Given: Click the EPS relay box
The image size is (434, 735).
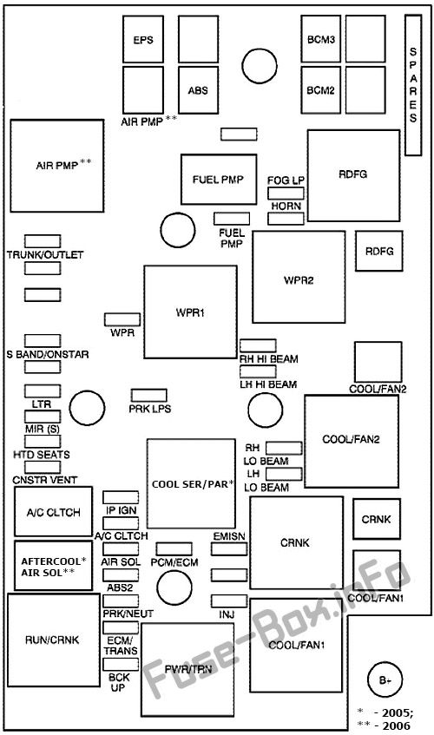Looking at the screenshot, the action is click(x=143, y=39).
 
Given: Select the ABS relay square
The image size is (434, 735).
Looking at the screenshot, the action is click(x=198, y=90).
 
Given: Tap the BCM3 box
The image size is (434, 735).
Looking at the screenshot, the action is click(x=321, y=39).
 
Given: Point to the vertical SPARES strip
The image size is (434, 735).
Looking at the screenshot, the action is click(x=413, y=85).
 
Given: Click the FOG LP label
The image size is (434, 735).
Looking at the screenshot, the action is click(x=286, y=180).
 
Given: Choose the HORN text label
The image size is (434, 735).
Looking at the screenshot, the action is click(x=286, y=207).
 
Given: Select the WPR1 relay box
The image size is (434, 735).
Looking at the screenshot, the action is click(x=190, y=312).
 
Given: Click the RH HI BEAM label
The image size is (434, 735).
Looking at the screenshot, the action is click(x=269, y=359).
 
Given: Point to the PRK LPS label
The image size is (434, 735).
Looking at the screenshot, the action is click(x=150, y=409).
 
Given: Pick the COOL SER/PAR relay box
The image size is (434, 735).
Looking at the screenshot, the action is click(x=191, y=483).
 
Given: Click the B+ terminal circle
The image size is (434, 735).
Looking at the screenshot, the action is click(x=385, y=680).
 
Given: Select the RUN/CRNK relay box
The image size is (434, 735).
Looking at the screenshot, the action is click(x=54, y=640).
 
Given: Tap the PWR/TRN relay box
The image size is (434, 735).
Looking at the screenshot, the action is click(x=187, y=669).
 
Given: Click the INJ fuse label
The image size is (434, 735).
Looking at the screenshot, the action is click(x=227, y=614).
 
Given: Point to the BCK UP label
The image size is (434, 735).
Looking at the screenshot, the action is click(x=119, y=682).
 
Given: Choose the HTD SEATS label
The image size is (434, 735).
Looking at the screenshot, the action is click(x=42, y=455).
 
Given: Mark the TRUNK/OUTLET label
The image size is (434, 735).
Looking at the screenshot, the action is click(x=45, y=255).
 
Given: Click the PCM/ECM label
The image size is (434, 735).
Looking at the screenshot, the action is click(x=174, y=562).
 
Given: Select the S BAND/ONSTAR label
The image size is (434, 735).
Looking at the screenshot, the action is click(x=48, y=354).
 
